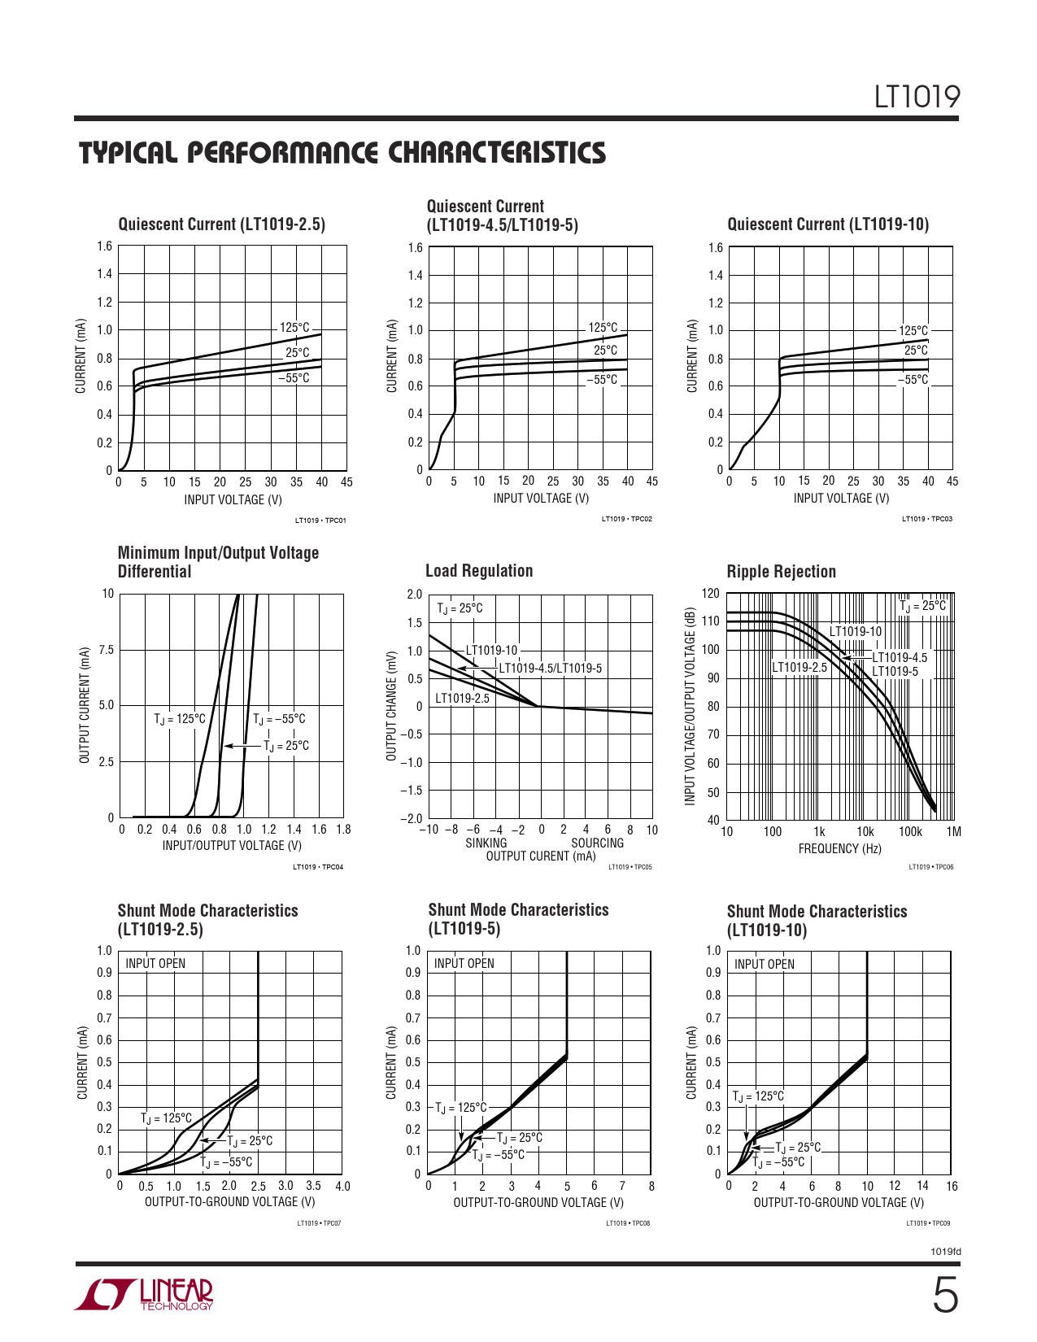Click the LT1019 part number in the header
[x=917, y=97]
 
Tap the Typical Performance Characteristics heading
[x=342, y=153]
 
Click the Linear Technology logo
[x=145, y=1294]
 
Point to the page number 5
[x=944, y=1296]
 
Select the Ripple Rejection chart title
[x=781, y=572]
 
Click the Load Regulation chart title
[x=479, y=571]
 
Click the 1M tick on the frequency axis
[x=954, y=831]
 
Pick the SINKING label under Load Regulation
[x=486, y=843]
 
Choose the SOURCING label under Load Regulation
[x=597, y=843]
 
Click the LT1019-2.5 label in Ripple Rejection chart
[x=799, y=668]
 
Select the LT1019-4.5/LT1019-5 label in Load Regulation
[x=550, y=669]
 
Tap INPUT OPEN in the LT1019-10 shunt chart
[x=765, y=964]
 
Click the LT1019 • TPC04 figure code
[x=318, y=867]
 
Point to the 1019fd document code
[x=945, y=1252]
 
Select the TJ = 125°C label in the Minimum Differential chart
[x=180, y=719]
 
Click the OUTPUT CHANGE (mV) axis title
[x=391, y=706]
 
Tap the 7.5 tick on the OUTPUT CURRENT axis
[x=107, y=650]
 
